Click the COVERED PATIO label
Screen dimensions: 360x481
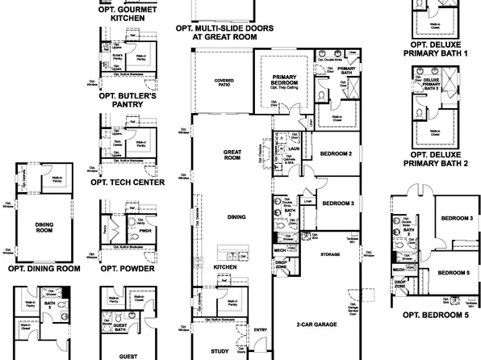click(224, 84)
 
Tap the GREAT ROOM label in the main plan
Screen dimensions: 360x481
click(232, 155)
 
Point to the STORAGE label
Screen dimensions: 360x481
click(329, 254)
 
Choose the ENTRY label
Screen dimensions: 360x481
click(260, 329)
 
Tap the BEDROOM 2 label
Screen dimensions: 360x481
click(335, 153)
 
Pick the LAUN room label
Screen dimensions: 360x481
click(294, 149)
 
